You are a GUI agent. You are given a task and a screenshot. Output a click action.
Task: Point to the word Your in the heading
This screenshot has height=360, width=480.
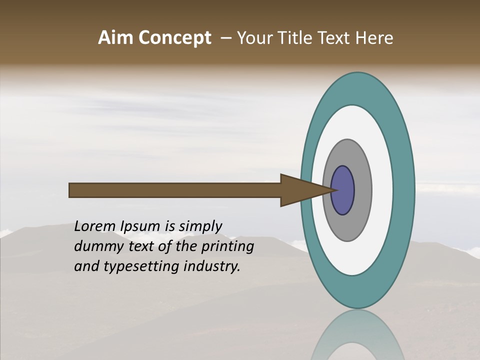tap(254, 38)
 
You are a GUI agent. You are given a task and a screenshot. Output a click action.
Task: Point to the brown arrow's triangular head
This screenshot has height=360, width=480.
tap(300, 190)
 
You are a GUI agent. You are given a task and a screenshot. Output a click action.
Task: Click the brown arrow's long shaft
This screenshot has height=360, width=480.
tap(175, 190)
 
